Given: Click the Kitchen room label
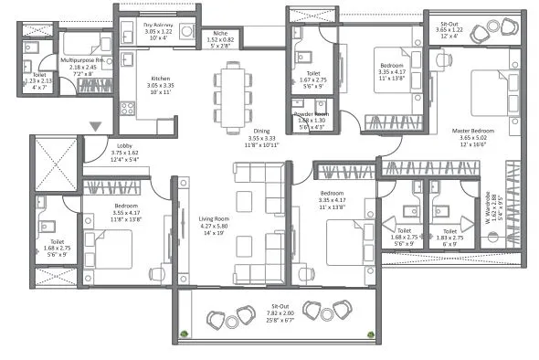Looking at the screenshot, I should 161,79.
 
